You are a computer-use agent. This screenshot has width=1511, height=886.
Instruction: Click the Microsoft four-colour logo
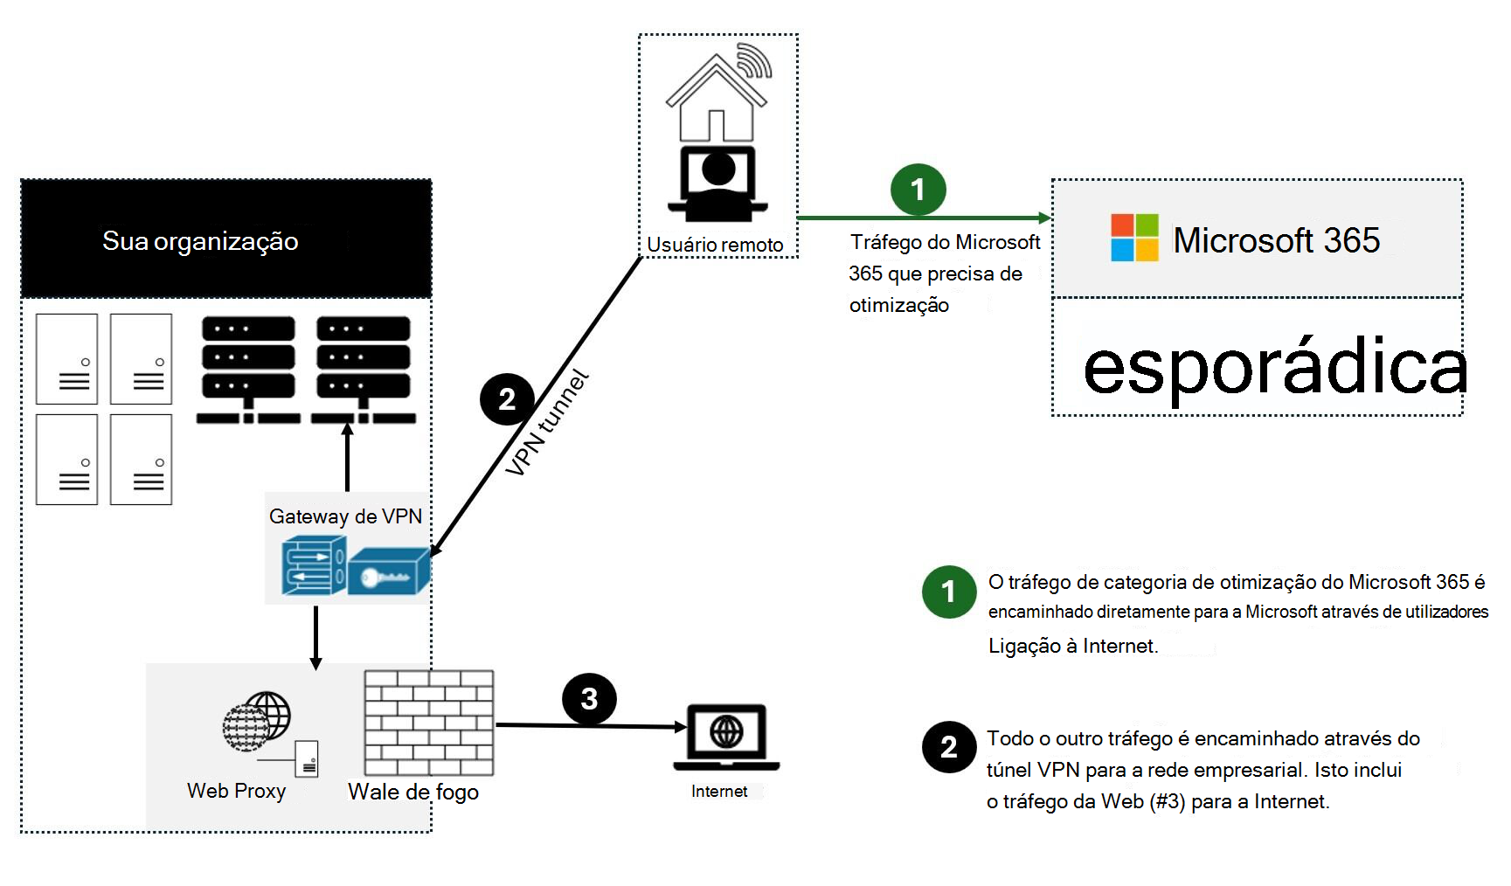[x=1134, y=238]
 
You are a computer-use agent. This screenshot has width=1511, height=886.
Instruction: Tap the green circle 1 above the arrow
[x=918, y=190]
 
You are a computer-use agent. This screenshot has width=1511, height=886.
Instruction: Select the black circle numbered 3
[x=589, y=699]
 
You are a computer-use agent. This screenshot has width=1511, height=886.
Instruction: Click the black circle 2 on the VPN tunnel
[x=507, y=399]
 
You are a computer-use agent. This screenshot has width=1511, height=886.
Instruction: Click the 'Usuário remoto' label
[x=715, y=246]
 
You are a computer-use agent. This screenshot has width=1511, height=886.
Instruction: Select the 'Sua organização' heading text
[x=200, y=241]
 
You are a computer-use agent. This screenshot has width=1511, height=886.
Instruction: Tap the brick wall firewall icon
[x=429, y=723]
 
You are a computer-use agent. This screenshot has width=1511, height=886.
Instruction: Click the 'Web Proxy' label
[x=236, y=791]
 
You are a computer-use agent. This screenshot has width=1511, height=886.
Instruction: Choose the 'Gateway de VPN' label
[x=345, y=516]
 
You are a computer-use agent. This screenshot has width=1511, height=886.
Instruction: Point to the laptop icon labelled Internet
[x=726, y=737]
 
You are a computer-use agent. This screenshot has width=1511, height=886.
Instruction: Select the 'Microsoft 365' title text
[x=1276, y=240]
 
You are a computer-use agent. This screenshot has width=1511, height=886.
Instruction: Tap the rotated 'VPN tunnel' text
[x=547, y=424]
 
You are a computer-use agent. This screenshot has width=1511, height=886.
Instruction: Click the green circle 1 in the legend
[x=949, y=592]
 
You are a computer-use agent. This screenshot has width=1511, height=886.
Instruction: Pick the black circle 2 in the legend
[x=949, y=747]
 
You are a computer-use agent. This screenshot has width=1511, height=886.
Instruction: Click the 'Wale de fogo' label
[x=413, y=792]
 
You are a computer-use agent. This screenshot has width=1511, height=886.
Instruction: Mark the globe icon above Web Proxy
[x=257, y=721]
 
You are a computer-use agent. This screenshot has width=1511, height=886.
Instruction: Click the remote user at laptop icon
[x=717, y=183]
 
